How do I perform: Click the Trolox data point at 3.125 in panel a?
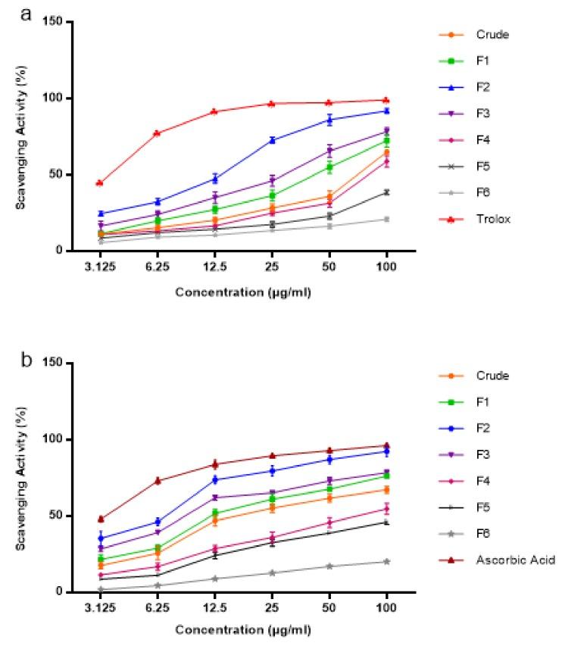(x=101, y=183)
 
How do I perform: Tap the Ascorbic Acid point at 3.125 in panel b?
(x=101, y=520)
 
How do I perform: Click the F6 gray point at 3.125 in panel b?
(x=101, y=589)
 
